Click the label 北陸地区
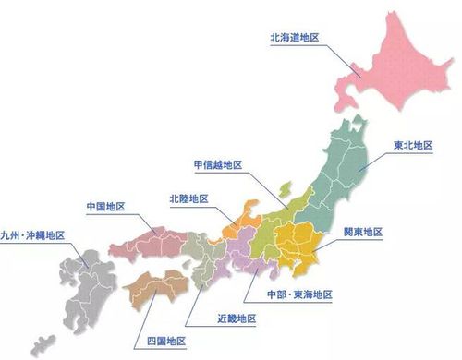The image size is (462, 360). [x=188, y=198]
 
